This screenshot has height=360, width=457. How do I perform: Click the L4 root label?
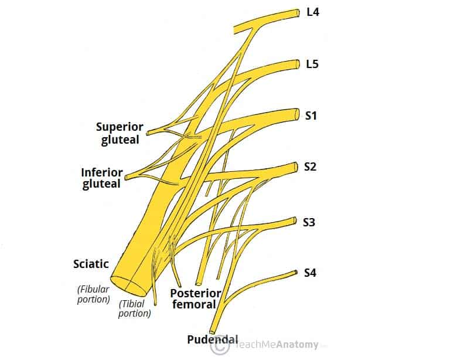pos(313,11)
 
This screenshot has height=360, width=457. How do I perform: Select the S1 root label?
pos(311,116)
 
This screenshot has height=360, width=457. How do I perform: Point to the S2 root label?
pos(311,167)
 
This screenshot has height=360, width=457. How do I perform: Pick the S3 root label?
pos(309,222)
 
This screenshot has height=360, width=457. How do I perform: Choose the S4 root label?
pos(311,273)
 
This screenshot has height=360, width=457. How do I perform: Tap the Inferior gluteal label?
pos(102,178)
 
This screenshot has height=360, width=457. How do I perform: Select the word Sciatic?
pos(91,264)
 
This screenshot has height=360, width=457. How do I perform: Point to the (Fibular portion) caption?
pos(94,294)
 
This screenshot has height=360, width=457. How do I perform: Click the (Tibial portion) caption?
pos(135,308)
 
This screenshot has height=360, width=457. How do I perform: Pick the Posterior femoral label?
pos(196,298)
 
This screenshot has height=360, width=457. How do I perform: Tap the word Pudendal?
pos(213,339)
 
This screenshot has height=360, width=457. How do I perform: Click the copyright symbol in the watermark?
pos(220,345)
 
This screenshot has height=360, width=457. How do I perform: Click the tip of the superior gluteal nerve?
pos(149,133)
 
